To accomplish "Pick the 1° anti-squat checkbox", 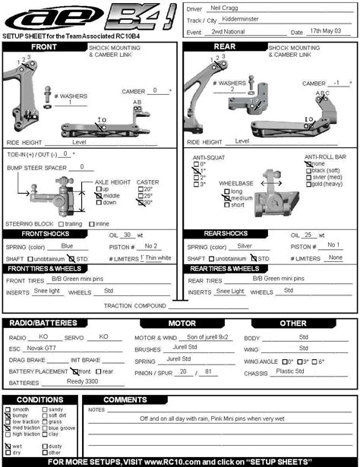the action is pyautogui.click(x=195, y=171).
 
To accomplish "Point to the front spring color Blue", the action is pyautogui.click(x=67, y=246).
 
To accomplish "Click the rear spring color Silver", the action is pyautogui.click(x=245, y=246).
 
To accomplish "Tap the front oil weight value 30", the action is pyautogui.click(x=128, y=235).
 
